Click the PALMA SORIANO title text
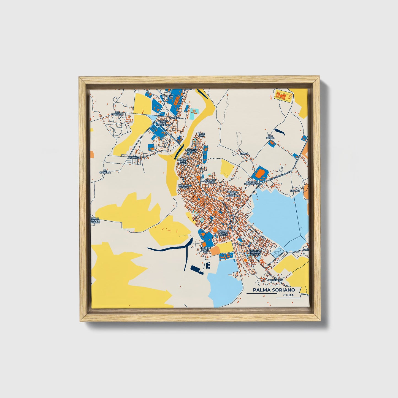pos(274,290)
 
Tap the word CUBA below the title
pos(288,295)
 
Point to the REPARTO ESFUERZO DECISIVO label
pos(254,252)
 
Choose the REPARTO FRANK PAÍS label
pos(205,250)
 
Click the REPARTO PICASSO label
pos(184,186)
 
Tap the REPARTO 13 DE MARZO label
pos(183,161)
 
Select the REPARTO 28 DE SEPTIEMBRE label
pos(163,123)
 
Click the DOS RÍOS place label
pos(175,118)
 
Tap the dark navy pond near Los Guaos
pos(279,132)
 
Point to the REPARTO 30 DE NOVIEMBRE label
pos(233,194)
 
